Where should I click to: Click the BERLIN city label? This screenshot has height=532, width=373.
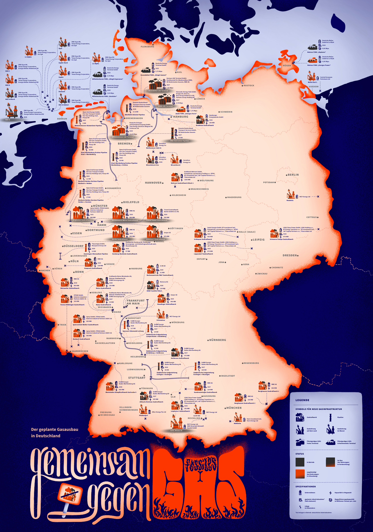293,175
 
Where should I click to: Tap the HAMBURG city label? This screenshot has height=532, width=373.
181,117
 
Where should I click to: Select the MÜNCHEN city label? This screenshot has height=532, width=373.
234,408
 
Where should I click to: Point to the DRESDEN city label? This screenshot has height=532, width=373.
290,255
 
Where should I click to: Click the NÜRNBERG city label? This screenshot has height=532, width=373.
218,340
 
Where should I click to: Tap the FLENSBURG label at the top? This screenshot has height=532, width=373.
147,47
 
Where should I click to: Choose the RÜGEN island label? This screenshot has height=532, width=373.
287,65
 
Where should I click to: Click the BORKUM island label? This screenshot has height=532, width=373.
62,119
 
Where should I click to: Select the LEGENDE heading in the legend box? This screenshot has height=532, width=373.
302,400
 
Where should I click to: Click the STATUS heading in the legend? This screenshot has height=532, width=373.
300,454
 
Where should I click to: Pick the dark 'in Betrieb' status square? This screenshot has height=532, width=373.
300,462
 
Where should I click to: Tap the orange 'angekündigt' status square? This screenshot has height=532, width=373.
300,474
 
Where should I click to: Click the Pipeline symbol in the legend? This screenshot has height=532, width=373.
330,417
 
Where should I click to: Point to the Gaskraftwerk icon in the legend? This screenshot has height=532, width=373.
300,417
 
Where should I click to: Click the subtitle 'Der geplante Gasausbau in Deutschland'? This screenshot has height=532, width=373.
55,432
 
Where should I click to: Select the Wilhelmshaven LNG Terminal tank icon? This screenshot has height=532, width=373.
119,131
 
